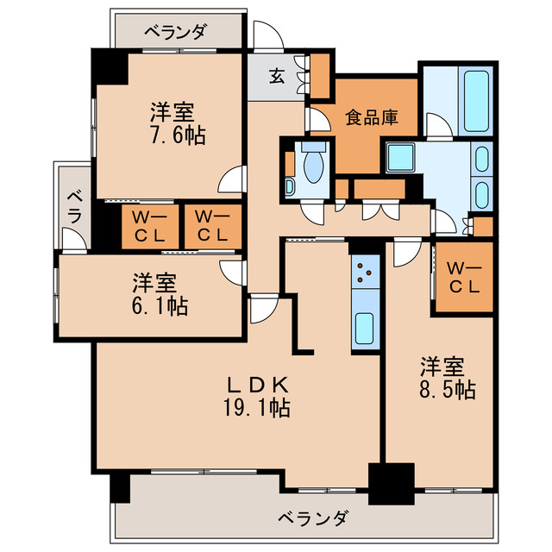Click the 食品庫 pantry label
point(372,116)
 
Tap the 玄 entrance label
point(276,76)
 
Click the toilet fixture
point(310,161)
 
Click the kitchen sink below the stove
point(367,327)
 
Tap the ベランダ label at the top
point(175,32)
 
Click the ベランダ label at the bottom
point(313,518)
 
